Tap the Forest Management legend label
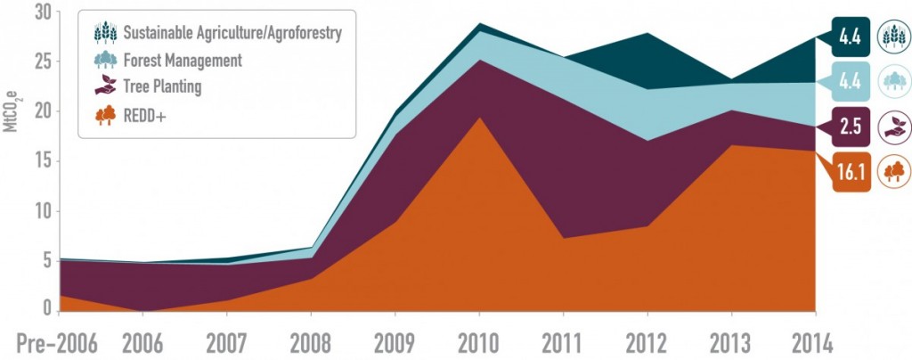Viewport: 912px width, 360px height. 182,60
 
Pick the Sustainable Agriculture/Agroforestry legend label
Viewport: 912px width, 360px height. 232,33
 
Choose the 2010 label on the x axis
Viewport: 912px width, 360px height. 479,343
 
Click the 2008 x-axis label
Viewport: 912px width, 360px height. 311,343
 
